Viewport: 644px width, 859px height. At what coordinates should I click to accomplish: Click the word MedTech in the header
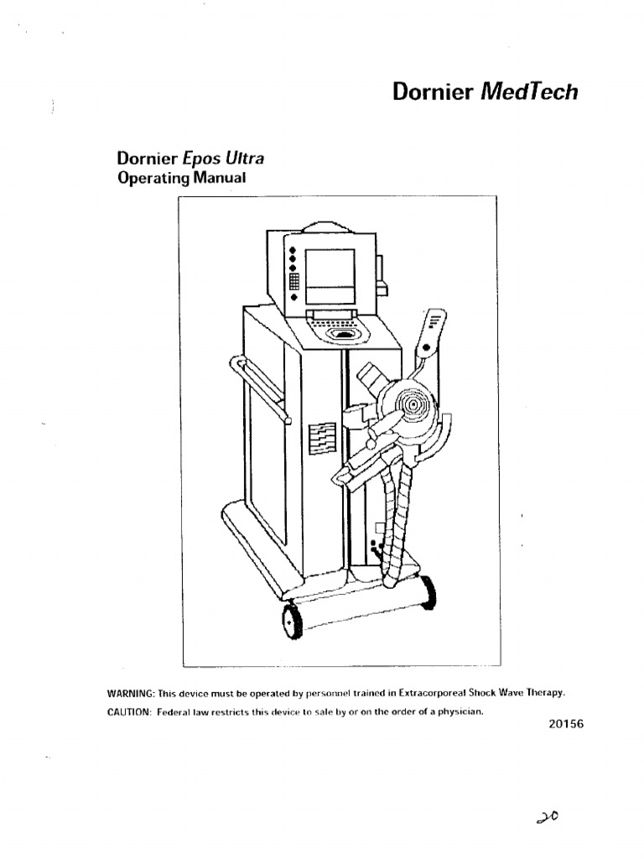529,91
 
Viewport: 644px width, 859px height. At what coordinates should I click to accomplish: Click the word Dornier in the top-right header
434,91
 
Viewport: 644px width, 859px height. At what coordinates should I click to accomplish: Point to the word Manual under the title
220,178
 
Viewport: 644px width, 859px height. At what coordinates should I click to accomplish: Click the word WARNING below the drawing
130,693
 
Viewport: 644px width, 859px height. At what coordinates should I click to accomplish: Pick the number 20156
566,725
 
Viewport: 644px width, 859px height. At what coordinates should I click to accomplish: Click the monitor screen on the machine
330,276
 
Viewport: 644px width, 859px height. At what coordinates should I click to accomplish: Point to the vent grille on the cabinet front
322,438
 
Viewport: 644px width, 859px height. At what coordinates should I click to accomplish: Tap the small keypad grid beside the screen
293,281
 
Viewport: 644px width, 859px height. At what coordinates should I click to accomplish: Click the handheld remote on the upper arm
434,331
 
